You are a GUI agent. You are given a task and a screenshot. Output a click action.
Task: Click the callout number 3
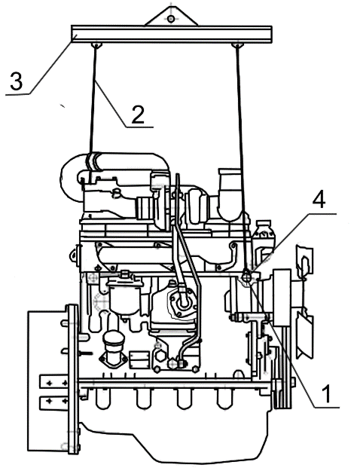pyautogui.click(x=17, y=81)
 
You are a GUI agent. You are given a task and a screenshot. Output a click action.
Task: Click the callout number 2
pyautogui.click(x=138, y=115)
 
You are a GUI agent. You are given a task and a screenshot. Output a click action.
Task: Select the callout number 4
pyautogui.click(x=319, y=200)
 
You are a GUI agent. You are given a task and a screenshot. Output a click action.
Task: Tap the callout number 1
pyautogui.click(x=326, y=393)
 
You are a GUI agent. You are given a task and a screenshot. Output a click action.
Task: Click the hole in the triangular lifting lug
pyautogui.click(x=171, y=20)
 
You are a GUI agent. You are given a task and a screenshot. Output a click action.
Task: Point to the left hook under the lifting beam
pyautogui.click(x=96, y=45)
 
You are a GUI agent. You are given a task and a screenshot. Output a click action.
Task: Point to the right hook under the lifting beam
pyautogui.click(x=237, y=45)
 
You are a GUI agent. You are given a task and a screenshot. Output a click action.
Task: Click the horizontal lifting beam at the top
pyautogui.click(x=172, y=34)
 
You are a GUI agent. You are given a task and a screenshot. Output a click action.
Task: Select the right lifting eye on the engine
pyautogui.click(x=247, y=277)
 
